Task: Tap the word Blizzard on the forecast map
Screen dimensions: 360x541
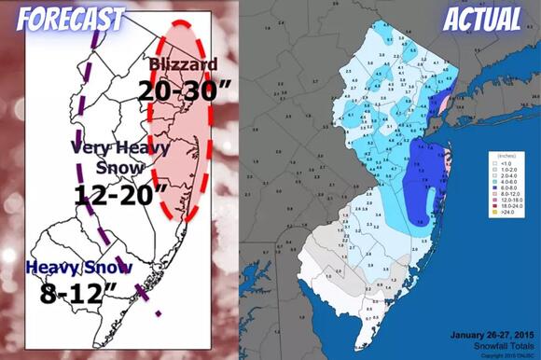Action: click(185, 64)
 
